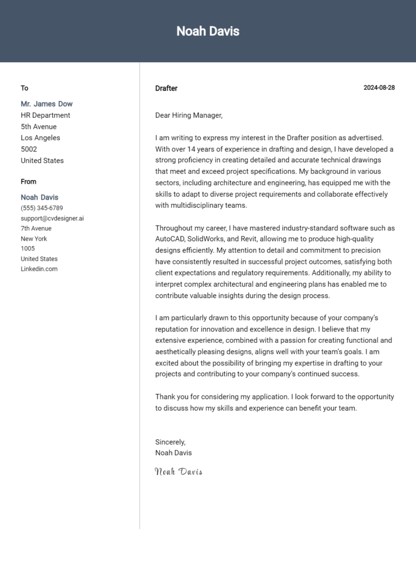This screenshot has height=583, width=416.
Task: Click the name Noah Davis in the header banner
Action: click(207, 31)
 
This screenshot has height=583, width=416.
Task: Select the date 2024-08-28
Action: click(379, 88)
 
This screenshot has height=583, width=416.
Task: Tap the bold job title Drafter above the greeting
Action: click(166, 88)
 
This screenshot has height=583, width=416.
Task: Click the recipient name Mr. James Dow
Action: click(47, 104)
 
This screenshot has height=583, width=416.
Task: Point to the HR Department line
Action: click(45, 115)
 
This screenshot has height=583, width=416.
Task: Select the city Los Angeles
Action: click(41, 138)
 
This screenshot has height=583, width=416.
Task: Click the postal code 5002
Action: click(29, 149)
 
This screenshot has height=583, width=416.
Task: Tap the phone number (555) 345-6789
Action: click(42, 208)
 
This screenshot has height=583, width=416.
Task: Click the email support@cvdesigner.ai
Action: click(52, 218)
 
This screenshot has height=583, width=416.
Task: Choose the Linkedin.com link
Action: click(39, 269)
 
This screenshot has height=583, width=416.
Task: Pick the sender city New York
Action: click(34, 239)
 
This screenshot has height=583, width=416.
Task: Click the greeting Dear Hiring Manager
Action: click(188, 115)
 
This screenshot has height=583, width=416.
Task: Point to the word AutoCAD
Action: click(170, 239)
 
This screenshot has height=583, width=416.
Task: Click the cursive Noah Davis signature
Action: click(179, 472)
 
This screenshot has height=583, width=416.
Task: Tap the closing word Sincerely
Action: click(170, 442)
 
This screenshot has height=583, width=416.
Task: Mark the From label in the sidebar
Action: click(29, 182)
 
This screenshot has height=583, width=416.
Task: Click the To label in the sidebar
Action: click(24, 88)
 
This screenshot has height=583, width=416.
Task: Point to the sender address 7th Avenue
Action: click(36, 228)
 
